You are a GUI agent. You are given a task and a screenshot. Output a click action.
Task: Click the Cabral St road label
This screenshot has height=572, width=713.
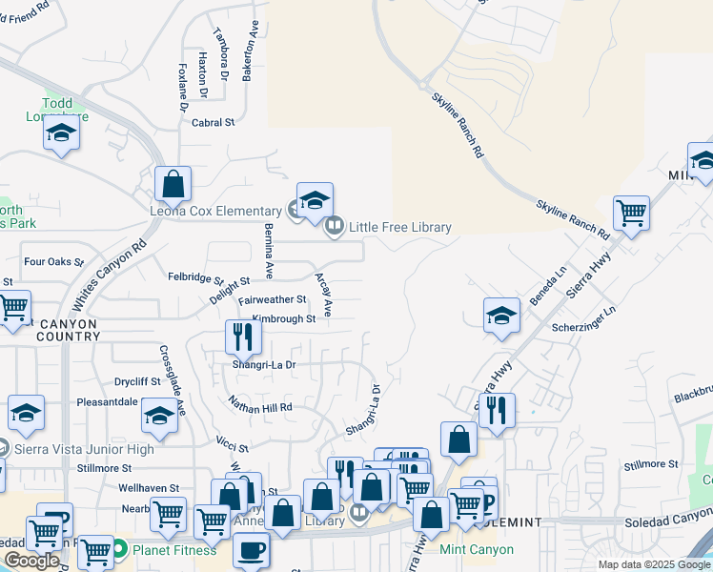click(213, 123)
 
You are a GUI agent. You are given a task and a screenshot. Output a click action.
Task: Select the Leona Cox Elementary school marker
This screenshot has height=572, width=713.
click(315, 200)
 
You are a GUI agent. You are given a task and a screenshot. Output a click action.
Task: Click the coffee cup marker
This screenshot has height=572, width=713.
click(251, 550)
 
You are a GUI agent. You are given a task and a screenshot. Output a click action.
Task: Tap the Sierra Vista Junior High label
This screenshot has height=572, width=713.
click(84, 449)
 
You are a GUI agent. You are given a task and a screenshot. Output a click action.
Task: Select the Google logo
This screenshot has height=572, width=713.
click(32, 562)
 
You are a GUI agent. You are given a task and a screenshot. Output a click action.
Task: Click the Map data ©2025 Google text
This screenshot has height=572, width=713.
click(653, 564)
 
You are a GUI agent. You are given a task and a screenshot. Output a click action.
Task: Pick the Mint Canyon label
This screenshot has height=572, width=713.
click(477, 550)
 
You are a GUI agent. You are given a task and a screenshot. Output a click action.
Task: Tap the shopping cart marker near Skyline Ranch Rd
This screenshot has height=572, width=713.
click(631, 213)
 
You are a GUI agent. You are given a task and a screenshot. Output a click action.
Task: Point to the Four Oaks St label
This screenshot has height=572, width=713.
click(54, 261)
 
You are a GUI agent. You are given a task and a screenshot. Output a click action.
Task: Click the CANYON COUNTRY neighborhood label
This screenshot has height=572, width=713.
click(54, 330)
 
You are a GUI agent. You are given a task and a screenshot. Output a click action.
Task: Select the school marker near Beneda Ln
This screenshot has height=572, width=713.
click(501, 317)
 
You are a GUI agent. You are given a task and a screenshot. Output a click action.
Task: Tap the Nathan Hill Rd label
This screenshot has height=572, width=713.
click(259, 407)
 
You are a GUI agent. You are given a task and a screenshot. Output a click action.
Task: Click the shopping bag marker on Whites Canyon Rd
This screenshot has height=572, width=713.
click(173, 183)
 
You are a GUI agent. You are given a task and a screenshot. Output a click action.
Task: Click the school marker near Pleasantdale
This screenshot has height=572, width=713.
click(159, 416)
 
